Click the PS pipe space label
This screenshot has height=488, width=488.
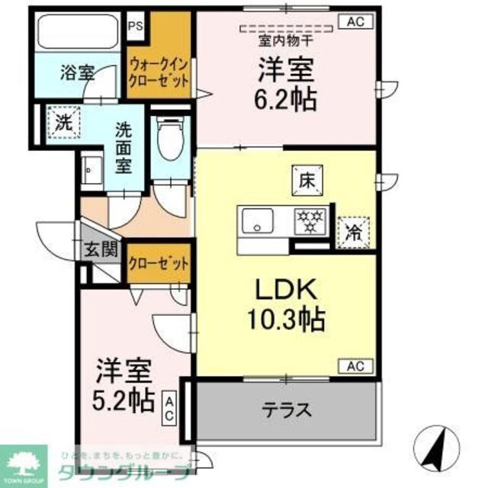click(x=136, y=25)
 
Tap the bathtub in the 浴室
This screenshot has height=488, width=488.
click(x=79, y=33)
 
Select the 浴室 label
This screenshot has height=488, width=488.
click(x=76, y=74)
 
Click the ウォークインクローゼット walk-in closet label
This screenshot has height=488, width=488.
click(x=159, y=73)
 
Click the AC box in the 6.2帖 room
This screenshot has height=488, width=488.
click(x=355, y=22)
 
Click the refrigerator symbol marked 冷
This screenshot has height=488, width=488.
click(x=355, y=227)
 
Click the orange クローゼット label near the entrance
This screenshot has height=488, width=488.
click(x=159, y=264)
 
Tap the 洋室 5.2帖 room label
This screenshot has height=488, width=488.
click(x=124, y=387)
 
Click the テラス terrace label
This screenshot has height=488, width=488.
click(x=287, y=410)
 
